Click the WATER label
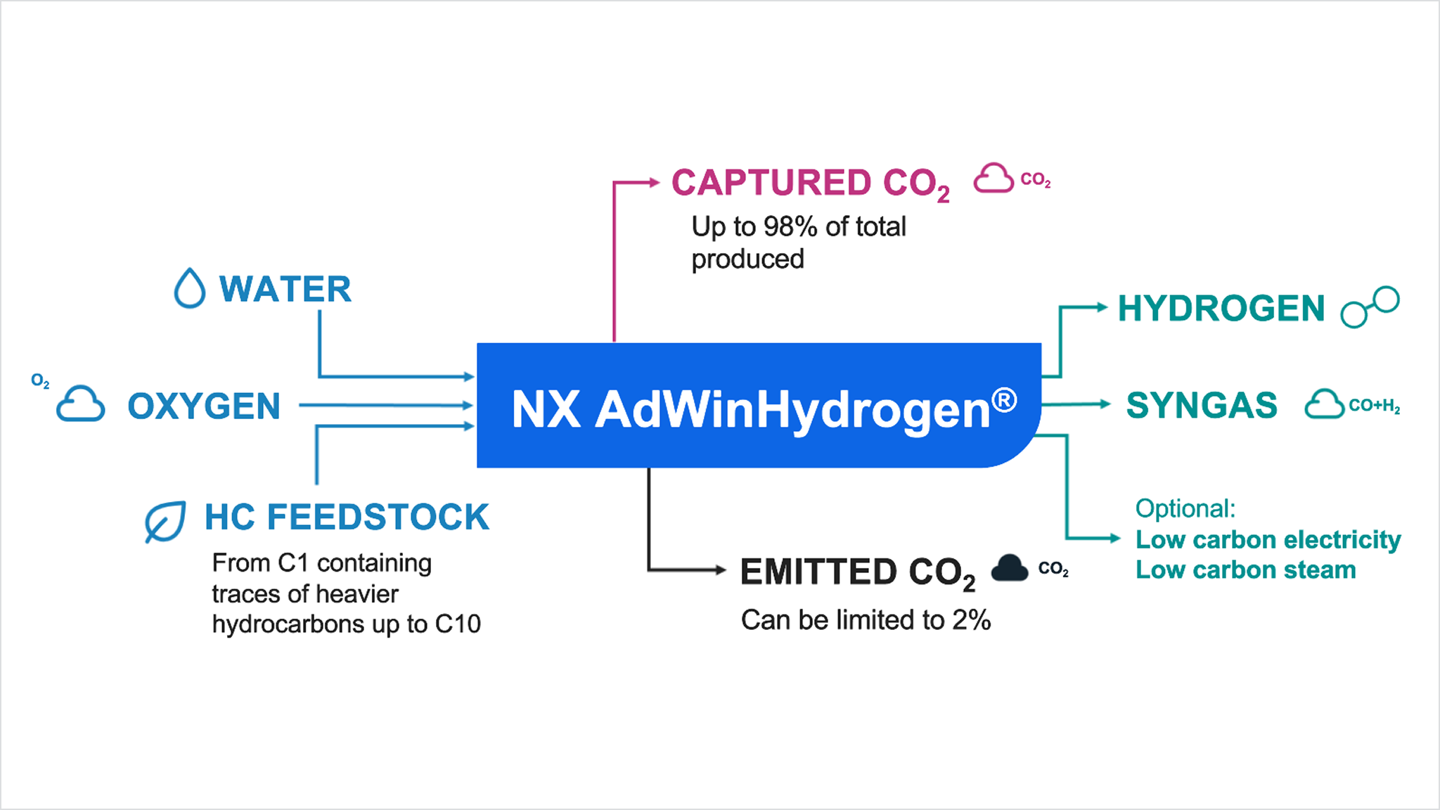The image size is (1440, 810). coord(285,289)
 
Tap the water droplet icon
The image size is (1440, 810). coord(189,288)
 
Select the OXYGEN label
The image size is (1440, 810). coord(204,406)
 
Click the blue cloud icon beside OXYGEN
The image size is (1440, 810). coord(81,404)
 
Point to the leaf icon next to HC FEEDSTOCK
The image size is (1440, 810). coord(165,521)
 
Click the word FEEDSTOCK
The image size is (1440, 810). coord(378,517)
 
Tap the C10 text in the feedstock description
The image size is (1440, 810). coord(458,624)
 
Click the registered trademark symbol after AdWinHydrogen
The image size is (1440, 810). coord(1004,400)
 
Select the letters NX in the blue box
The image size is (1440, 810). coord(546,409)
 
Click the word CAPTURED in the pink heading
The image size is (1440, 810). coord(771,183)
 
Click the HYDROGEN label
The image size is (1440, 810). coord(1221,309)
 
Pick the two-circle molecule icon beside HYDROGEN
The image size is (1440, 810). coord(1370,307)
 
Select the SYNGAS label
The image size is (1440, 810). coord(1202,405)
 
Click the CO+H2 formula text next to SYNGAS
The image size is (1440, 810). coord(1374,406)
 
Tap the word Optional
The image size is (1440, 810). coord(1185,508)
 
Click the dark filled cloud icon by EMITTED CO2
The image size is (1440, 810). coord(1010,568)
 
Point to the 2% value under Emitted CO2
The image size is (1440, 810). coord(971,620)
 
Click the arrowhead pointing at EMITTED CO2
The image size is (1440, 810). coord(720,570)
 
